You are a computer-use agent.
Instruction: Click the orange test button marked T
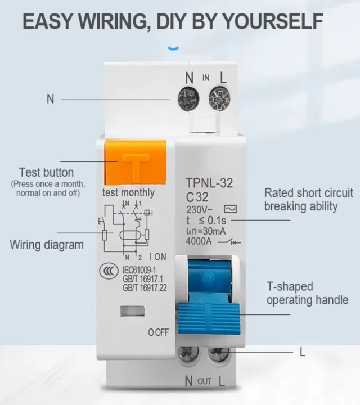pyautogui.click(x=136, y=163)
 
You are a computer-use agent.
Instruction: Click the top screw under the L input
pyautogui.click(x=219, y=100)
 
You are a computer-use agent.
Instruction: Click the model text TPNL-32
pyautogui.click(x=209, y=183)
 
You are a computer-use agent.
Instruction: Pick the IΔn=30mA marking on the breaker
pyautogui.click(x=205, y=231)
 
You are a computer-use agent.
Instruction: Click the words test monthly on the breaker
pyautogui.click(x=128, y=192)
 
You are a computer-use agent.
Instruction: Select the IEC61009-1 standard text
pyautogui.click(x=140, y=270)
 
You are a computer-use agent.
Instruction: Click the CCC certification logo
pyautogui.click(x=105, y=271)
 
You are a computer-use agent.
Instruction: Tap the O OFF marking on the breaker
pyautogui.click(x=158, y=332)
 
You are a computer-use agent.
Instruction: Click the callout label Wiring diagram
pyautogui.click(x=47, y=245)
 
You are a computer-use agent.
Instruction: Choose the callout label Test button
pyautogui.click(x=46, y=172)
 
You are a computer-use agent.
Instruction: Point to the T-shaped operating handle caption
pyautogui.click(x=307, y=294)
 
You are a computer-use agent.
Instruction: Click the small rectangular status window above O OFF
pyautogui.click(x=133, y=311)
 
